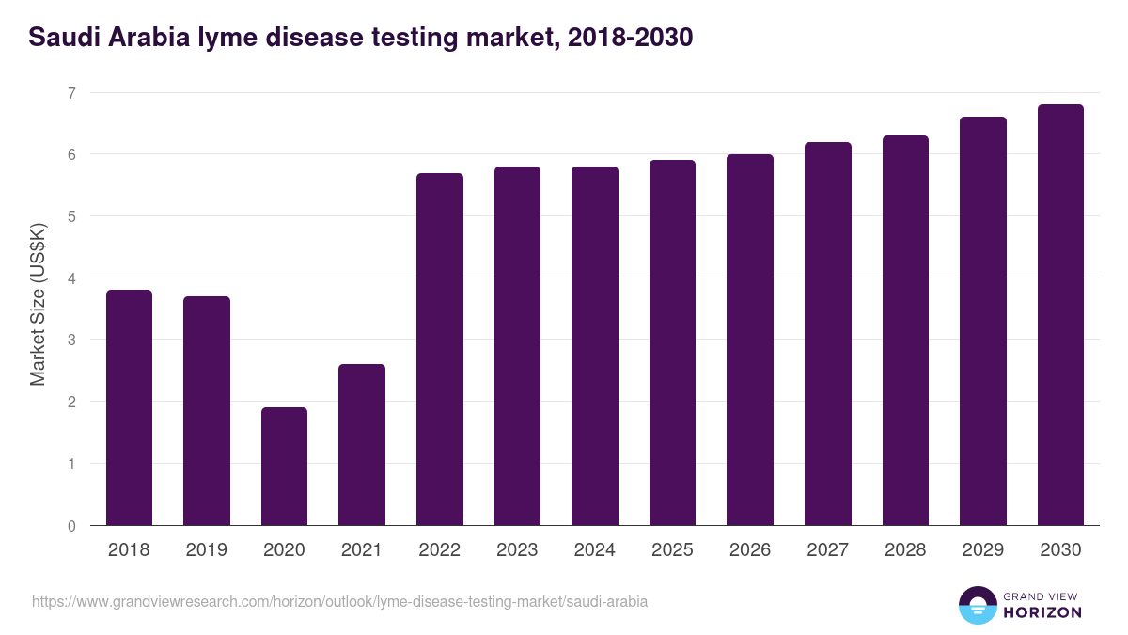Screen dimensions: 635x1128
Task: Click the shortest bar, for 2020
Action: [284, 467]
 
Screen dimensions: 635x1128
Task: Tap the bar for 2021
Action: [362, 445]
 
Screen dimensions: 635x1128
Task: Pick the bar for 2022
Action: [439, 349]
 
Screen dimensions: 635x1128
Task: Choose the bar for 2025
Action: [672, 342]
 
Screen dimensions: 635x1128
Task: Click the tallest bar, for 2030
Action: [1060, 315]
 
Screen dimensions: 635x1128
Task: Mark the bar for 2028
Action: [905, 330]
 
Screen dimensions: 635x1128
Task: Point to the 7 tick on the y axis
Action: [71, 92]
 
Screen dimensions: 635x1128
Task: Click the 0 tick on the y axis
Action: [71, 526]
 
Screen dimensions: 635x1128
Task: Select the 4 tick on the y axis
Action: [71, 278]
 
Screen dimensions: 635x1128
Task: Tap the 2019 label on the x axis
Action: [206, 550]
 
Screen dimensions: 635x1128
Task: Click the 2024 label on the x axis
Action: [594, 550]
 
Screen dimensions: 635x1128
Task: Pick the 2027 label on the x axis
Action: [827, 550]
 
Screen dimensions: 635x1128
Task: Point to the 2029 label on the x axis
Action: [982, 550]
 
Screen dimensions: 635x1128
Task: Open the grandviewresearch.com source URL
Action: [339, 601]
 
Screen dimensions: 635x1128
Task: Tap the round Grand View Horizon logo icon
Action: [977, 605]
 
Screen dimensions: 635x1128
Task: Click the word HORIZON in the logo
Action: [1042, 612]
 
